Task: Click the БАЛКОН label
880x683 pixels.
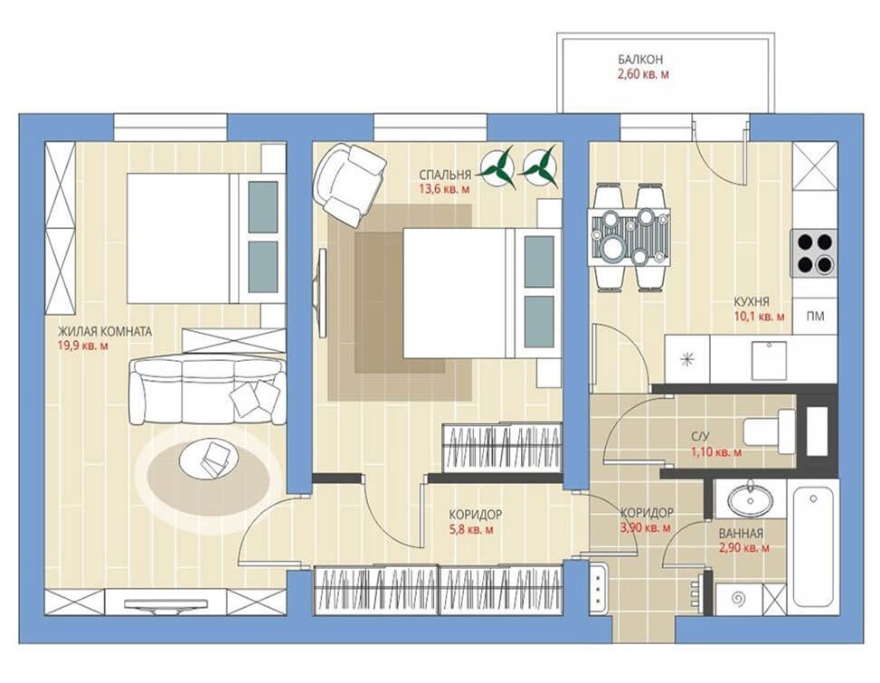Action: point(640,59)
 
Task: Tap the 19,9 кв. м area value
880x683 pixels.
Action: point(83,346)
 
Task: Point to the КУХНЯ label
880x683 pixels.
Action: point(752,302)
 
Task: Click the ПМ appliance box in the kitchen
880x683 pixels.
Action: point(815,317)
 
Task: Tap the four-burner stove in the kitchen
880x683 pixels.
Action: point(814,252)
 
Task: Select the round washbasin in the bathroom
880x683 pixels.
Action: point(750,499)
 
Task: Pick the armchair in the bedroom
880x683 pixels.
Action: point(349,184)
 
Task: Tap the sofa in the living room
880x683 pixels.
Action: point(205,391)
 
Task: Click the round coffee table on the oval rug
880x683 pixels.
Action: point(208,459)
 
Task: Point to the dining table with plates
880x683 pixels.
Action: point(629,237)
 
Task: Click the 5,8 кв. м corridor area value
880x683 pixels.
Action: point(472,529)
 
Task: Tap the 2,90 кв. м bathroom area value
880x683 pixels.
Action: point(743,548)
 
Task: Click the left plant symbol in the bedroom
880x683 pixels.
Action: point(497,166)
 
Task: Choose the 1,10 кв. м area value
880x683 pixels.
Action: point(715,451)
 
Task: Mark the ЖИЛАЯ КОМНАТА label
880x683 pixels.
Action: point(105,332)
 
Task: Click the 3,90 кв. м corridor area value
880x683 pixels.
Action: point(646,527)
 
